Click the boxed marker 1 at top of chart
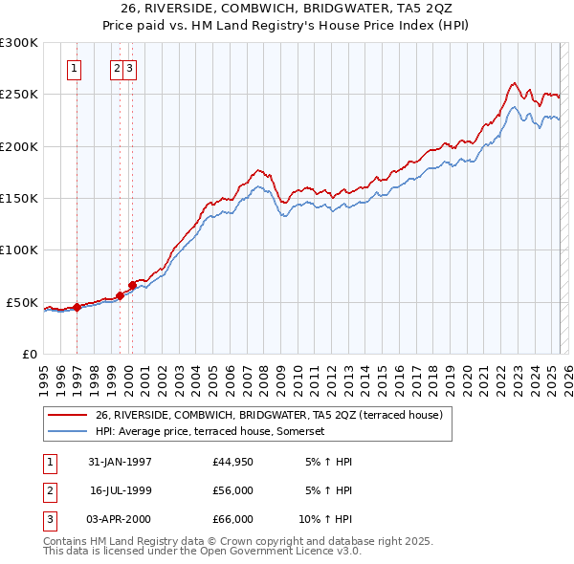click(75, 68)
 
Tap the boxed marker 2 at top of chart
click(117, 68)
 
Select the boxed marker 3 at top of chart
click(129, 68)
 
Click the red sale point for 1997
click(77, 307)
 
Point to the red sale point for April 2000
click(132, 285)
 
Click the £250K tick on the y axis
click(19, 95)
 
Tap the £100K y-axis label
click(19, 249)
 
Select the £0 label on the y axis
click(28, 354)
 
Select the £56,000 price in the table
click(232, 490)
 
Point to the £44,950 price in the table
click(232, 462)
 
